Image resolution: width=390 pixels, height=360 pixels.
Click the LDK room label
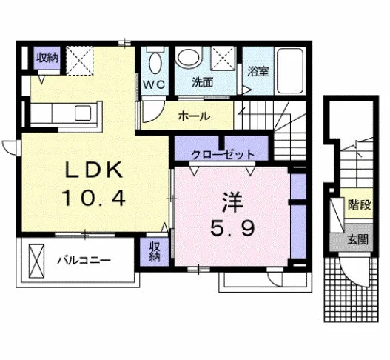[94, 170]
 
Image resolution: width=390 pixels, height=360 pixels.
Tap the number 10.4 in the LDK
[94, 198]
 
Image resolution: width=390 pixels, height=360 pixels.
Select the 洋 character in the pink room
[232, 202]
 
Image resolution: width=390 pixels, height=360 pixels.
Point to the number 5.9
[232, 229]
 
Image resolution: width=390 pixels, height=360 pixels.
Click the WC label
[155, 85]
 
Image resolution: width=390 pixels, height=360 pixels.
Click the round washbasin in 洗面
[189, 58]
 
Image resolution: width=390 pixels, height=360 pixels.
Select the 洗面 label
[202, 82]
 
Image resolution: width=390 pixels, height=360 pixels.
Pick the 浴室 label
[258, 72]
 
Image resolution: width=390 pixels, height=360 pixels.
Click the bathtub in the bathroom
[290, 70]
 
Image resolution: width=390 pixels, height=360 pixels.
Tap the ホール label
[194, 116]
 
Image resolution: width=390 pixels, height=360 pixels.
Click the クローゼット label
[223, 155]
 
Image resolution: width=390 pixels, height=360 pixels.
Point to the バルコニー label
[84, 261]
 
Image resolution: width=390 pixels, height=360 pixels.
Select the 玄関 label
[357, 240]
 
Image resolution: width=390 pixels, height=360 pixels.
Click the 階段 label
[360, 205]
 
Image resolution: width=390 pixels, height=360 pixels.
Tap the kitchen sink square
[83, 113]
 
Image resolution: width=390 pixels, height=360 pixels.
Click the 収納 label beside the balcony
[154, 252]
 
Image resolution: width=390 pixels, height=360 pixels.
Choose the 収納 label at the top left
[47, 58]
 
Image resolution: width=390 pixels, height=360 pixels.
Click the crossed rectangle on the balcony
[36, 261]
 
